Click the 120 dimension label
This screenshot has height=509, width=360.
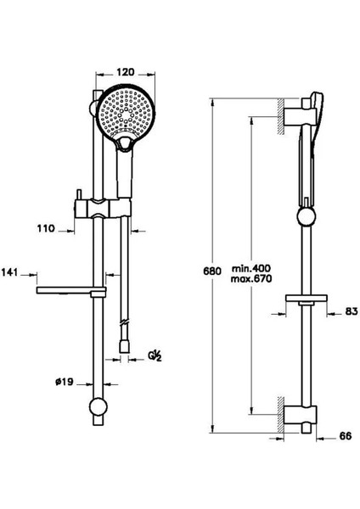pos(125,71)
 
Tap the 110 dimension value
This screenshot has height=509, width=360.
pos(46,228)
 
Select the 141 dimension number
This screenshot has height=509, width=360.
pos(9,272)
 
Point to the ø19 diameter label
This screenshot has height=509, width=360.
pos(65,382)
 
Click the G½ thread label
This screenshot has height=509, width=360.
pos(155,356)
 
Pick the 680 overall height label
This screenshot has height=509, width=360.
pos(212,271)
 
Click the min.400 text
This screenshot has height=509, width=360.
pos(251,268)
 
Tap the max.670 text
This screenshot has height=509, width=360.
pos(251,278)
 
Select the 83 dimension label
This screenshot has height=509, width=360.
pos(352,311)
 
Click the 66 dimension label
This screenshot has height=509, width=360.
pos(346,436)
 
